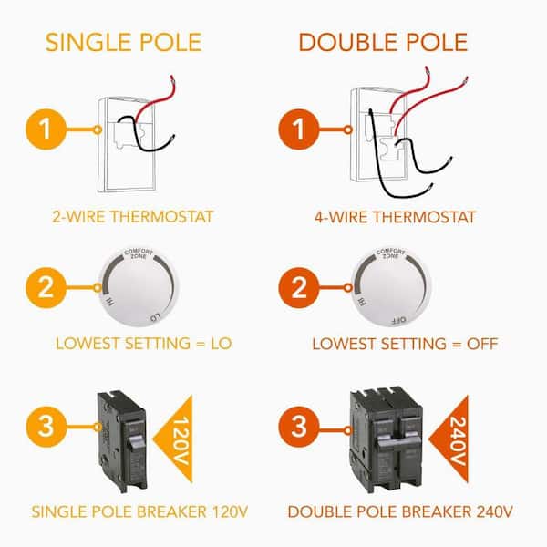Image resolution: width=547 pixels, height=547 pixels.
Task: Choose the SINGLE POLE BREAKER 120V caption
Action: click(x=139, y=511)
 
